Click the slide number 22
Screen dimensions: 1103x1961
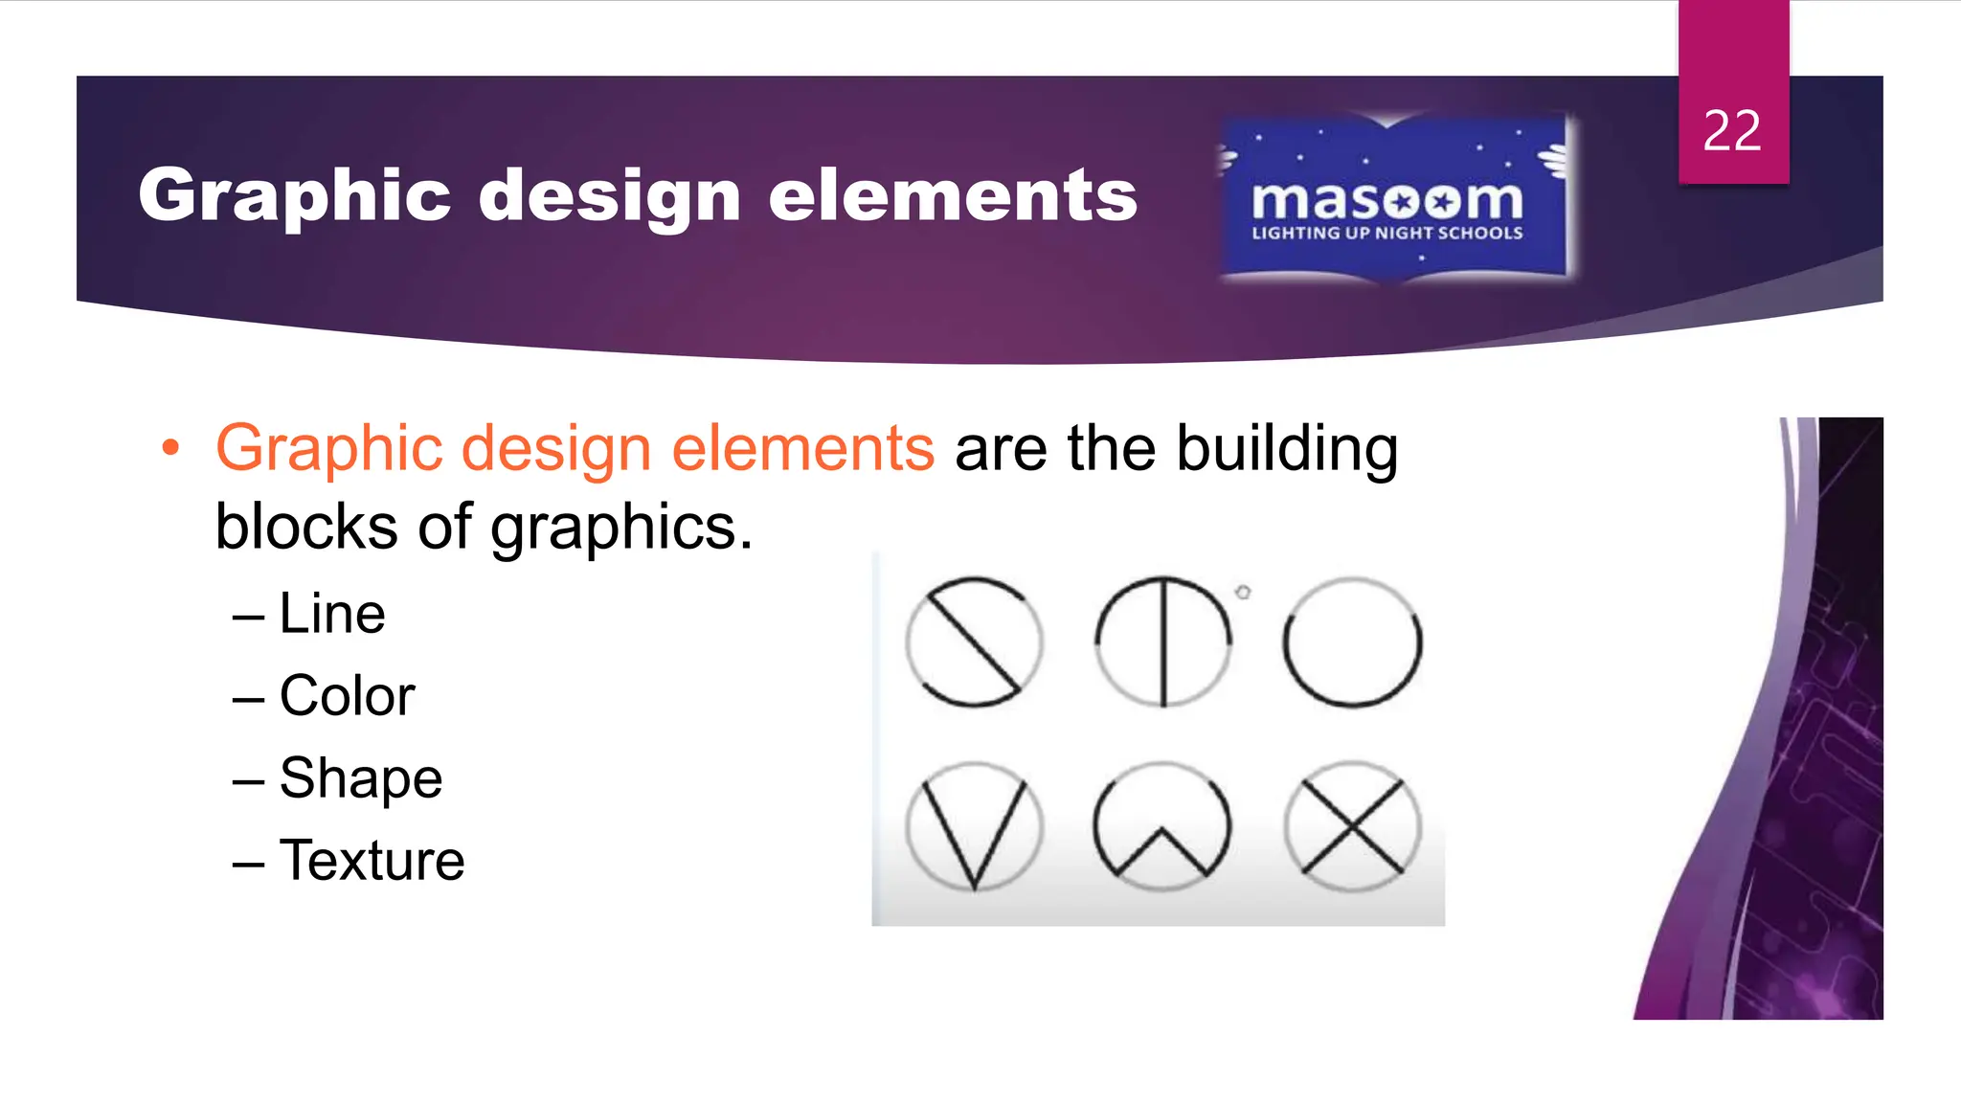[x=1732, y=130]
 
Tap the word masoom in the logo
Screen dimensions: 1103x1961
[x=1386, y=200]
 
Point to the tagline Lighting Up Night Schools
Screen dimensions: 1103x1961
[x=1386, y=233]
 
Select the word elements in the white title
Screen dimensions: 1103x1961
[x=953, y=195]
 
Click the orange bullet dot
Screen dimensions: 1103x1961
[x=170, y=447]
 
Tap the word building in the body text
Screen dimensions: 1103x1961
[x=1287, y=448]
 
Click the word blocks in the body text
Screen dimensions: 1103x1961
[x=305, y=527]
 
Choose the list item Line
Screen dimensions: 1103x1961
[x=331, y=613]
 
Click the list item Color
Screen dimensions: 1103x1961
[x=347, y=695]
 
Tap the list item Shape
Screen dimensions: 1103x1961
[x=360, y=777]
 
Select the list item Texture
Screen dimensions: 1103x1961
[x=372, y=860]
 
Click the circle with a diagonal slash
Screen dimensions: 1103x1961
[x=974, y=642]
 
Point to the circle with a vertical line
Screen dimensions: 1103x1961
[x=1163, y=642]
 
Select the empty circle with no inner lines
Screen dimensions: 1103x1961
[x=1352, y=642]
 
